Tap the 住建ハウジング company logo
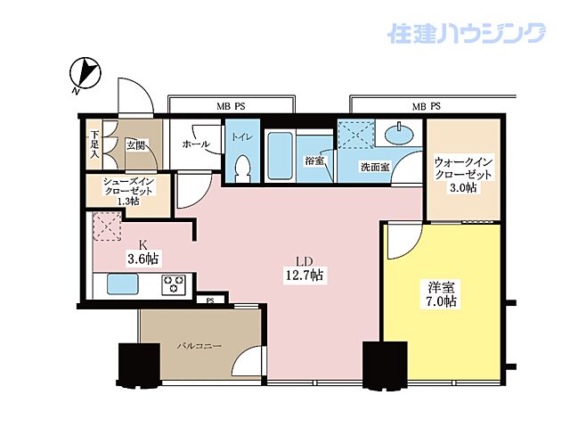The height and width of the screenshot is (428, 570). point(465,34)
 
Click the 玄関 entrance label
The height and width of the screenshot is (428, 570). point(135,144)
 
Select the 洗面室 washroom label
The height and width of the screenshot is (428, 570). point(375,166)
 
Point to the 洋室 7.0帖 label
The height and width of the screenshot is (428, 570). point(442,294)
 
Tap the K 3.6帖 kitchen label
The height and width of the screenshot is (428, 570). point(142,251)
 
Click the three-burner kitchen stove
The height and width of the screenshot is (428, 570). point(172,284)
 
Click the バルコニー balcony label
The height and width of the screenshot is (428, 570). point(198,344)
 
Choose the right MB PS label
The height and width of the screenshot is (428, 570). point(426,107)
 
